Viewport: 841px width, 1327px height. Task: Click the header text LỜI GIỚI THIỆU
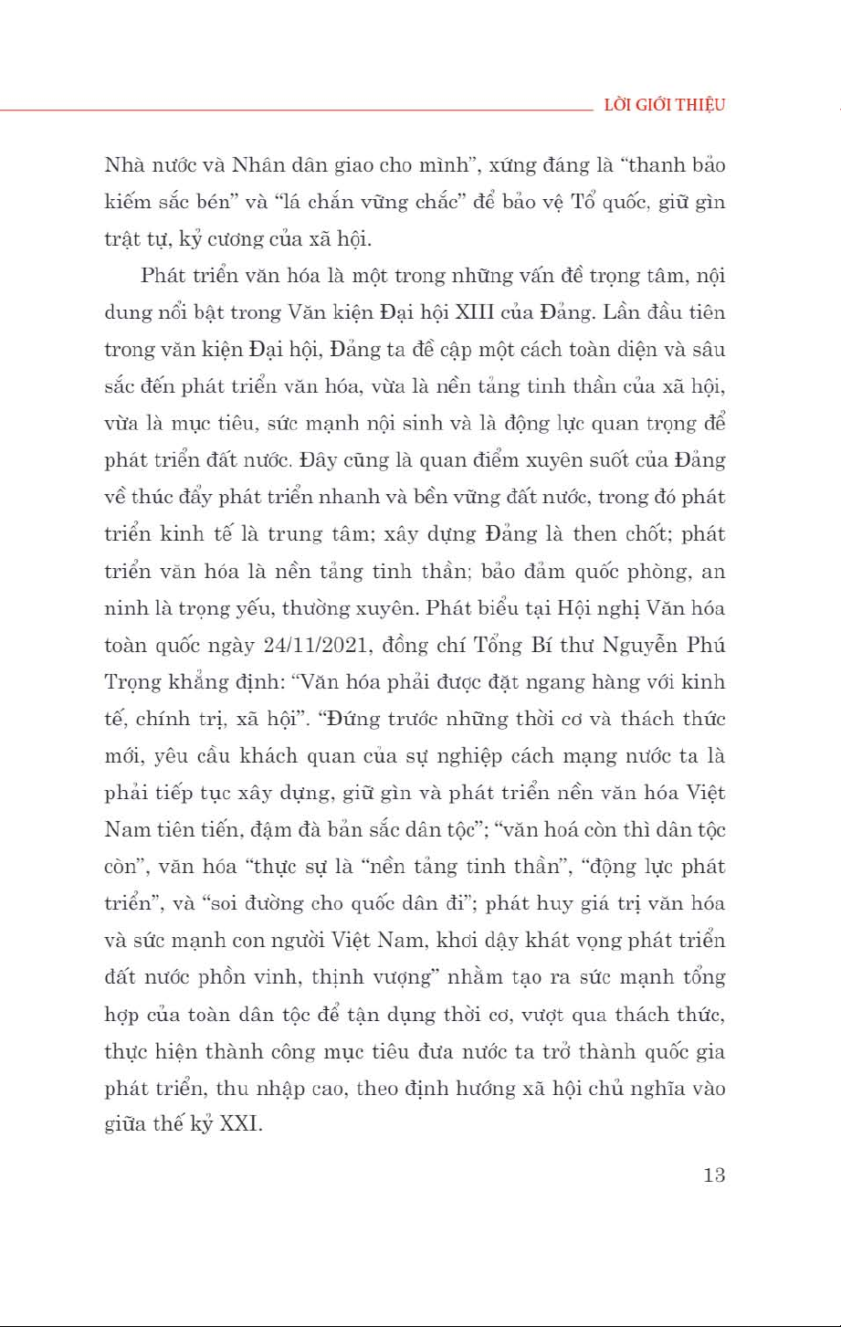pos(665,105)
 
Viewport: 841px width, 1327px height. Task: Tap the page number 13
pos(714,1174)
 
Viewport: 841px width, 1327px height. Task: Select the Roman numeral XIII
pos(497,312)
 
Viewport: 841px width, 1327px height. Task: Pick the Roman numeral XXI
pos(241,1124)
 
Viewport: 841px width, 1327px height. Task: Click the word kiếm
pos(126,202)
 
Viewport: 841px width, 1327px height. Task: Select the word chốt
pos(649,534)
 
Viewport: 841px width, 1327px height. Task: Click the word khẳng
pos(201,682)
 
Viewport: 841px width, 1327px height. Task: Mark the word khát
pos(547,940)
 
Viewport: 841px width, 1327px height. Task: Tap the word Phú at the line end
pos(704,645)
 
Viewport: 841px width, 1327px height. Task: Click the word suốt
pos(546,459)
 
